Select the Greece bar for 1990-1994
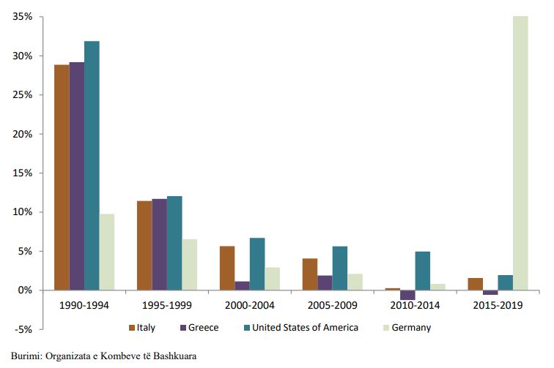click(77, 176)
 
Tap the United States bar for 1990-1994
click(92, 165)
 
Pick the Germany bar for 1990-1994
click(107, 252)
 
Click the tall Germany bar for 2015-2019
click(520, 153)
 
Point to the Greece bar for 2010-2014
click(408, 295)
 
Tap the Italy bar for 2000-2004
click(227, 268)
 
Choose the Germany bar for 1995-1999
click(190, 264)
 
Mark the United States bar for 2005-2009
click(340, 268)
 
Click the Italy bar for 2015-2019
click(475, 284)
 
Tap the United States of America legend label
click(305, 327)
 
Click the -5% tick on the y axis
click(22, 329)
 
